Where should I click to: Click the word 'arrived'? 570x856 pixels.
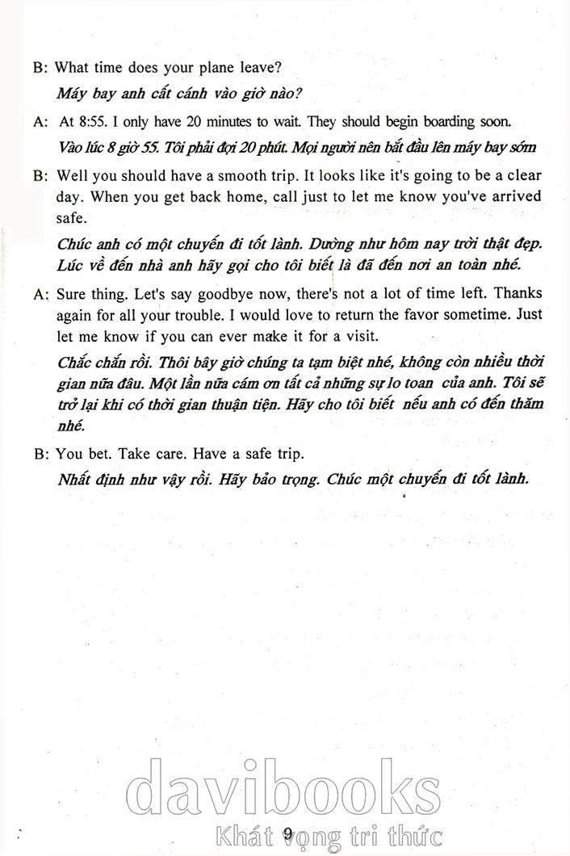pyautogui.click(x=513, y=196)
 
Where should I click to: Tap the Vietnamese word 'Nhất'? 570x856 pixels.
pyautogui.click(x=75, y=478)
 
